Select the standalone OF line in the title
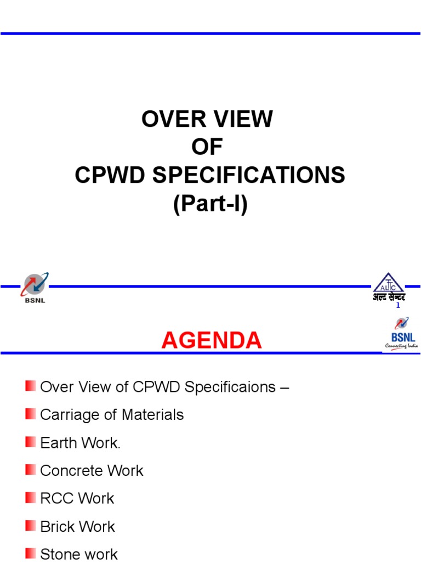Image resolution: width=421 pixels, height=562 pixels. tap(207, 147)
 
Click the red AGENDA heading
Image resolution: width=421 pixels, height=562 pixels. tap(211, 341)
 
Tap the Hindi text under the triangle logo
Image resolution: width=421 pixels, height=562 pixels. tap(389, 297)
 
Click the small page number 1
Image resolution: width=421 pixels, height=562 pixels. tap(398, 306)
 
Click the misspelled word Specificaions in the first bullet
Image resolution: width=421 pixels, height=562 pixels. tap(230, 387)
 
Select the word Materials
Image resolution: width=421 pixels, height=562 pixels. tap(153, 415)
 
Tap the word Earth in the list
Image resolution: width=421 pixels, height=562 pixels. tap(58, 443)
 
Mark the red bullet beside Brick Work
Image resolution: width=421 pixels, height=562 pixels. tap(31, 526)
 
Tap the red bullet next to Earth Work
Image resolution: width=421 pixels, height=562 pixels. tap(31, 442)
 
